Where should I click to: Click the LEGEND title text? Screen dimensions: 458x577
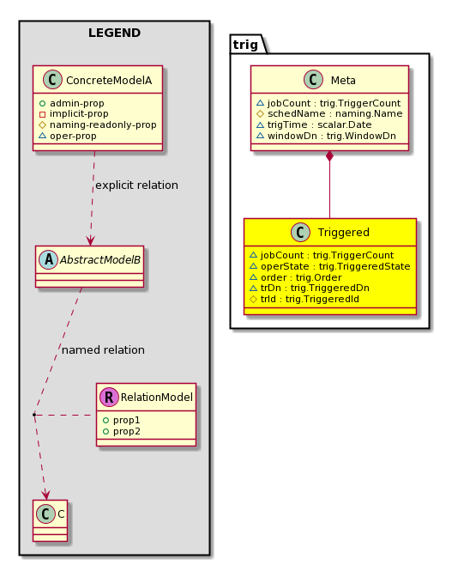point(114,33)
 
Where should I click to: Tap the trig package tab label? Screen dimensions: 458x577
point(245,45)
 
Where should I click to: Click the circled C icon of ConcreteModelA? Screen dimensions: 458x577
point(52,80)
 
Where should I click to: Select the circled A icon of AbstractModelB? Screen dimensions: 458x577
point(49,259)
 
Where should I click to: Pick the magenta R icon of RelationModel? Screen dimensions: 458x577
point(109,397)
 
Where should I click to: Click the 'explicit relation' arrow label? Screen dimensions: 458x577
point(136,185)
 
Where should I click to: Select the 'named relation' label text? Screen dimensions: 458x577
point(103,350)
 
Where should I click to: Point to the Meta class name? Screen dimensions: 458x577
point(343,80)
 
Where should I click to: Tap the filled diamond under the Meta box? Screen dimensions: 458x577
point(329,155)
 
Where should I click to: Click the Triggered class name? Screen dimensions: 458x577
point(344,232)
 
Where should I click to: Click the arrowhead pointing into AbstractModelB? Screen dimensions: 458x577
point(90,240)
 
